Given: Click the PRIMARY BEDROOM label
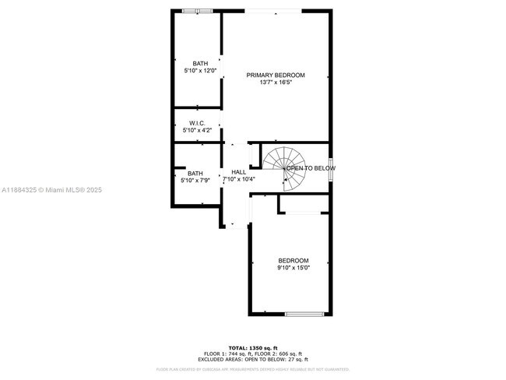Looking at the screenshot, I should point(276,76).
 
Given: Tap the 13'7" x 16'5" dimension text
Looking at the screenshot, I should point(276,83).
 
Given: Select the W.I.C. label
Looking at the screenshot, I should point(196,123).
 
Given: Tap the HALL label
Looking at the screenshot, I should point(238,172).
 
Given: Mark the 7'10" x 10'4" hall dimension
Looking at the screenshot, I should point(240,180).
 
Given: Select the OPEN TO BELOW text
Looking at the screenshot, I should point(311,168).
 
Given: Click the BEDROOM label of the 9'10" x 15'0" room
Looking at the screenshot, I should point(293,261).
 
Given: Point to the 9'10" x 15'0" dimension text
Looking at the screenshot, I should point(293,268).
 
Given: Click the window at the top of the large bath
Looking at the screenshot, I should point(198,11).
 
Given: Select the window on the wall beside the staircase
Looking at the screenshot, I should point(332,168).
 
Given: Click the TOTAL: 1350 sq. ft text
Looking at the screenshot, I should point(253,347).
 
